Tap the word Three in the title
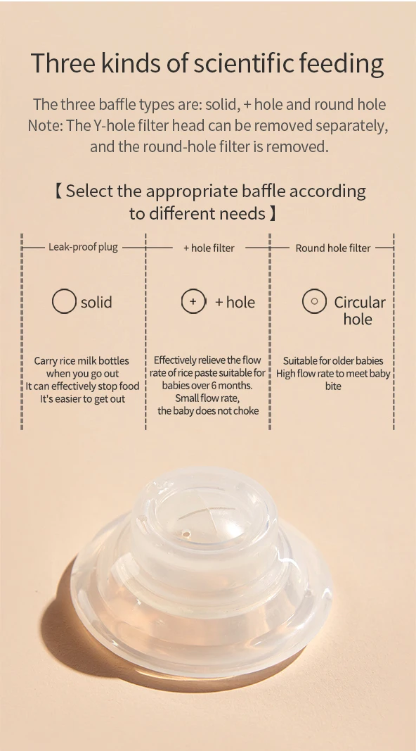(57, 64)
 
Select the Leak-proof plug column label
(83, 248)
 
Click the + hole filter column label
(209, 248)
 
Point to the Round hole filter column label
(333, 248)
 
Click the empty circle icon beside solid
(64, 302)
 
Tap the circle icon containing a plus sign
(193, 302)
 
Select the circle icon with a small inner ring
(314, 302)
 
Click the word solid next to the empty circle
(96, 302)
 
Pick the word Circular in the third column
(360, 302)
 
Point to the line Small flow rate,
(207, 398)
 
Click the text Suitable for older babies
(333, 360)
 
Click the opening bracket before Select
(58, 191)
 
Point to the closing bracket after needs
(273, 213)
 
